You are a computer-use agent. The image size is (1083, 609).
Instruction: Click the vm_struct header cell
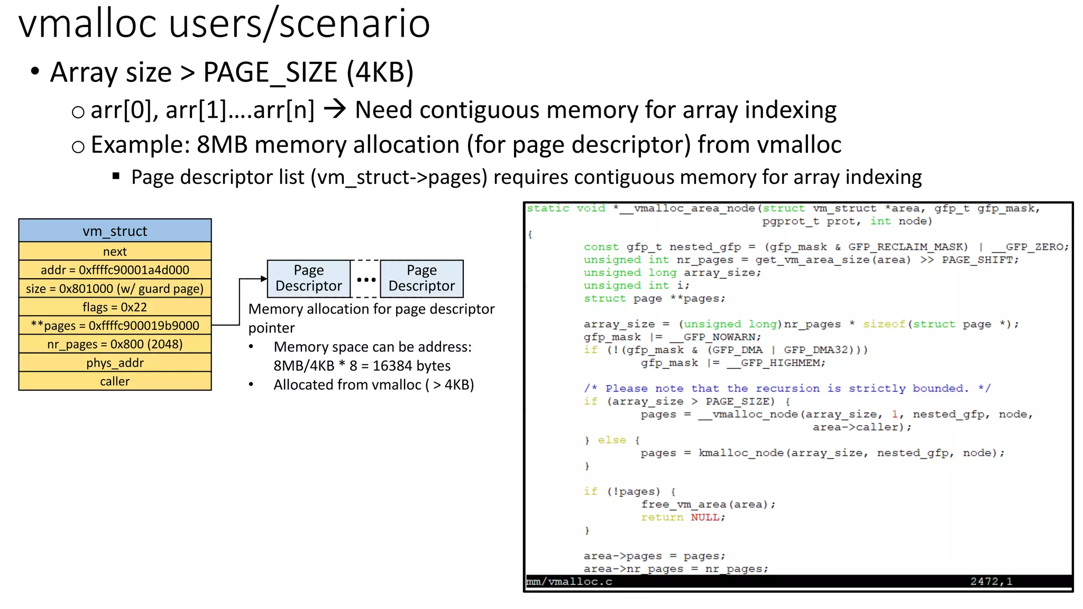pyautogui.click(x=115, y=231)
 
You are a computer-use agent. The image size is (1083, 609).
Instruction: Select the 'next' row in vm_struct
pyautogui.click(x=115, y=252)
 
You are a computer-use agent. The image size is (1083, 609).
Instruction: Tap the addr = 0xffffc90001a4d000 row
pyautogui.click(x=115, y=270)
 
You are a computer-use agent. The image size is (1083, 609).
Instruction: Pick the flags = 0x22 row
pyautogui.click(x=115, y=307)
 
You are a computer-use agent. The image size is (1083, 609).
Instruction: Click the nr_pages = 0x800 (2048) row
pyautogui.click(x=115, y=344)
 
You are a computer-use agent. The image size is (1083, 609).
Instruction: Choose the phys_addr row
pyautogui.click(x=115, y=363)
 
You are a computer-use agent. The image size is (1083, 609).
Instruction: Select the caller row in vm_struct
pyautogui.click(x=115, y=382)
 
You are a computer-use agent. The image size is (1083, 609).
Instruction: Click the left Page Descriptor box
pyautogui.click(x=308, y=278)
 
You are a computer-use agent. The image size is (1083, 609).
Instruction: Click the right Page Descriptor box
pyautogui.click(x=421, y=278)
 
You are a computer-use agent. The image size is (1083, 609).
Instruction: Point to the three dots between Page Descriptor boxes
pyautogui.click(x=366, y=280)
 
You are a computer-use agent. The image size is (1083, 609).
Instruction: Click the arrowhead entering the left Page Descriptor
pyautogui.click(x=264, y=279)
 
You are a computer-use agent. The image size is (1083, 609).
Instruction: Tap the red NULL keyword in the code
pyautogui.click(x=705, y=518)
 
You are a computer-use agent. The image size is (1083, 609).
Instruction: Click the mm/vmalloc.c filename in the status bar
pyautogui.click(x=570, y=582)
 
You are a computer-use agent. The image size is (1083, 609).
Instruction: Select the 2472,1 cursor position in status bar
pyautogui.click(x=991, y=582)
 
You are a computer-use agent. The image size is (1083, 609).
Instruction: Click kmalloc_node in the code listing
pyautogui.click(x=741, y=453)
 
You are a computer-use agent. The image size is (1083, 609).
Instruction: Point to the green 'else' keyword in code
pyautogui.click(x=612, y=440)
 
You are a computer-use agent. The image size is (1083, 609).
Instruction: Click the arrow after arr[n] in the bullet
pyautogui.click(x=335, y=109)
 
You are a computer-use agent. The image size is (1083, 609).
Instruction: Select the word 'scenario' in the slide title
pyautogui.click(x=354, y=24)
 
